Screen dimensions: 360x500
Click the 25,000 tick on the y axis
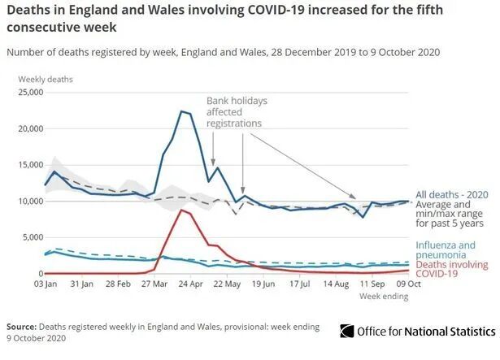click(28, 92)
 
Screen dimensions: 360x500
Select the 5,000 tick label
click(31, 237)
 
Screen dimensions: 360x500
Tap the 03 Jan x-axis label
click(45, 284)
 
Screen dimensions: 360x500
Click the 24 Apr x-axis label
click(189, 284)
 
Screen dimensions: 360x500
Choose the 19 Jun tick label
click(263, 284)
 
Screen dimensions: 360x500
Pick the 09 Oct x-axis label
click(407, 284)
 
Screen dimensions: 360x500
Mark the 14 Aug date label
click(335, 284)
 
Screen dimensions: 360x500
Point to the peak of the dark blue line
click(181, 111)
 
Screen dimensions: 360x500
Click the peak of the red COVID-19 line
click(181, 210)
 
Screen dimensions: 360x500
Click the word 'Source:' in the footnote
click(24, 326)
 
